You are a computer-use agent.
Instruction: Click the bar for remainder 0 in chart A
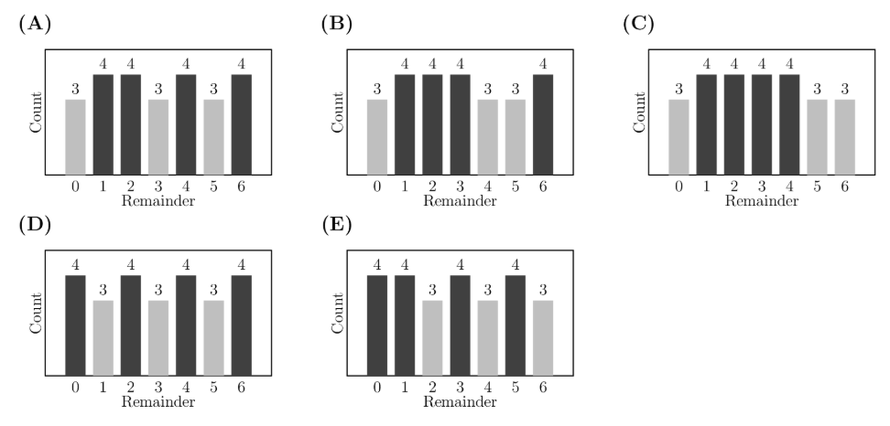click(75, 136)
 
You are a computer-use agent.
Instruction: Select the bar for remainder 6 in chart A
click(241, 124)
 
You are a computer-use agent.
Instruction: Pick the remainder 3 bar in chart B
click(460, 124)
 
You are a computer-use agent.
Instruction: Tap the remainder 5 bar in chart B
click(515, 136)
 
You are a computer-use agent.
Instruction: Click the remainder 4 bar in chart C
click(788, 124)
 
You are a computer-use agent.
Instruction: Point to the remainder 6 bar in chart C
click(843, 136)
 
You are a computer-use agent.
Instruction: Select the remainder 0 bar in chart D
click(75, 325)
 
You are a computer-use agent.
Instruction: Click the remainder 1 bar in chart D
click(103, 337)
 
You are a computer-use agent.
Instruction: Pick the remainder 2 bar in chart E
click(432, 337)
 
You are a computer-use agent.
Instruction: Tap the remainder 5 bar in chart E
click(515, 325)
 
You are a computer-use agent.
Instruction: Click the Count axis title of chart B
click(338, 111)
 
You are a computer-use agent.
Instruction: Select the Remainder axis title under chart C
click(761, 201)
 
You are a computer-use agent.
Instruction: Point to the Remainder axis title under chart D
click(157, 402)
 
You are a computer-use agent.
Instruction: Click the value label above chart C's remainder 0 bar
click(678, 89)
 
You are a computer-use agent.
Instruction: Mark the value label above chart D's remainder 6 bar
click(241, 265)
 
